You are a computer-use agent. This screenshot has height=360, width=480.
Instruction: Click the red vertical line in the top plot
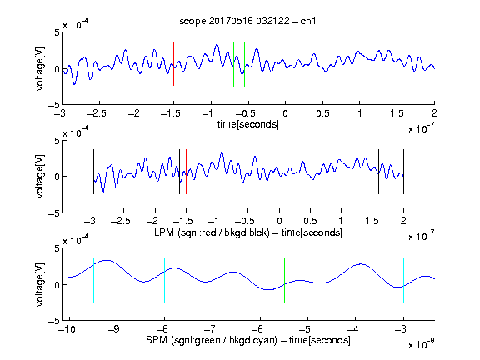click(x=173, y=63)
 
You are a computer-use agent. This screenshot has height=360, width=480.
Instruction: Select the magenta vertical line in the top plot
click(x=397, y=63)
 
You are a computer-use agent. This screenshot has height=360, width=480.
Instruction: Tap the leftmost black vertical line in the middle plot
click(x=93, y=172)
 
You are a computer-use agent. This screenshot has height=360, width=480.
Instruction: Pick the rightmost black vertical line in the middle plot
click(x=404, y=172)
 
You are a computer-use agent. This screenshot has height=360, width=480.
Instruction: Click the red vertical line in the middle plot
click(x=186, y=172)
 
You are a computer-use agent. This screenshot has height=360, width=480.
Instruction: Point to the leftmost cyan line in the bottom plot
click(x=93, y=280)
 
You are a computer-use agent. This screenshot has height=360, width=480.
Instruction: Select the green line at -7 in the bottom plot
click(x=212, y=280)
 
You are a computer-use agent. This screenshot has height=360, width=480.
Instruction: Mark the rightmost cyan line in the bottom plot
click(x=404, y=280)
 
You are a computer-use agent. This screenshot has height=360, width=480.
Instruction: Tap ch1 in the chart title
click(x=308, y=21)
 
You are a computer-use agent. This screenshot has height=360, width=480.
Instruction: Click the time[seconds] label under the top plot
click(x=248, y=124)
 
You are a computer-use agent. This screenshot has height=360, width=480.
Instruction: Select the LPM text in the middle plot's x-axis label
click(x=164, y=232)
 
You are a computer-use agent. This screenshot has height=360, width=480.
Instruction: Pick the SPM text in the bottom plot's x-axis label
click(x=157, y=340)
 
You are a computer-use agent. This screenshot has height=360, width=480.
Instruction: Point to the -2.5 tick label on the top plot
click(x=97, y=113)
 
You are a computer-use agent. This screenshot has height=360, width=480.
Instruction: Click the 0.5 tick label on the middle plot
click(x=310, y=222)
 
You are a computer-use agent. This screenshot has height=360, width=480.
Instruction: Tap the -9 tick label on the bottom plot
click(x=114, y=329)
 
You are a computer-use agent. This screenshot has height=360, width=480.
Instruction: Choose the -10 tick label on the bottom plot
click(x=67, y=329)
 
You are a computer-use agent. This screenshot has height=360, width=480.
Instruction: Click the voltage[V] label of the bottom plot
click(x=40, y=284)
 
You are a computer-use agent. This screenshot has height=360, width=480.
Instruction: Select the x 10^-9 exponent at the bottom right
click(x=422, y=344)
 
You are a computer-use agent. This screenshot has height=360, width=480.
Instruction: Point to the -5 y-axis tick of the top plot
click(x=54, y=105)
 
